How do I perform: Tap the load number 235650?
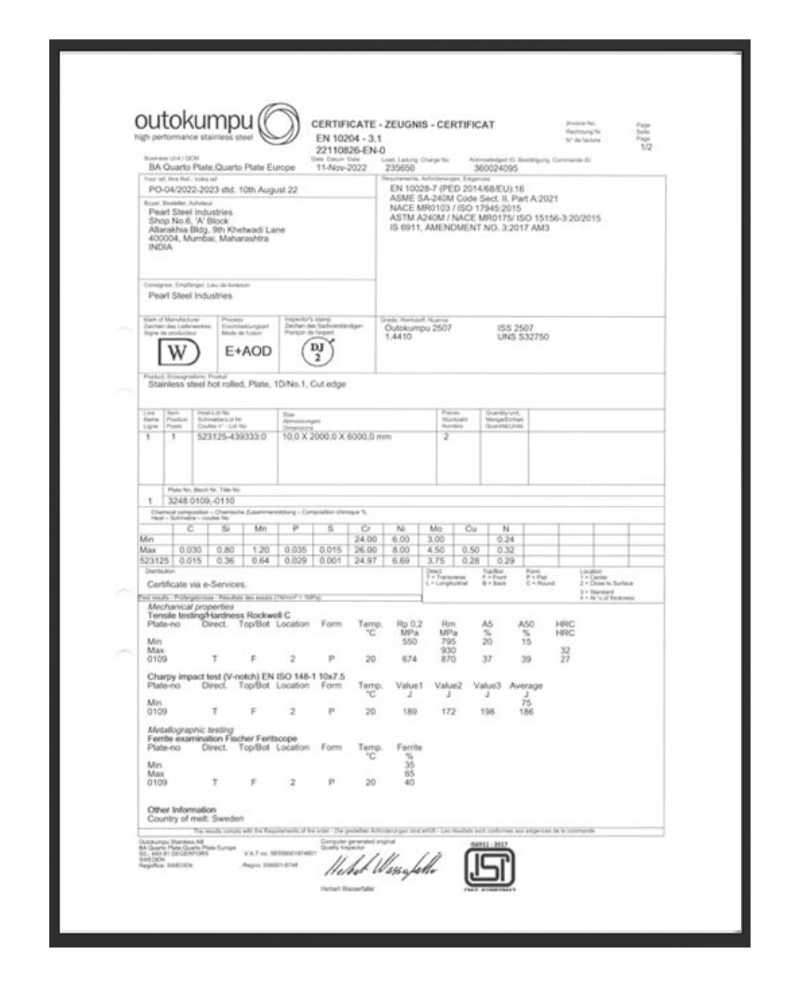pos(400,168)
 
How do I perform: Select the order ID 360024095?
pos(496,168)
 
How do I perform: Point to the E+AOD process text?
pos(248,351)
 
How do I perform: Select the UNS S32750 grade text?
pos(523,337)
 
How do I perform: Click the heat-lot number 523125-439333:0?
pos(231,437)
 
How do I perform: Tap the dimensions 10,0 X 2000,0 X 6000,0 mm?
pos(337,437)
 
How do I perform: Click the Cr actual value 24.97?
pos(366,561)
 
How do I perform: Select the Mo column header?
pos(436,530)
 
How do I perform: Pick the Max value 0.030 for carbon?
pos(190,550)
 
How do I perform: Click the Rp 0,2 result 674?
pos(409,659)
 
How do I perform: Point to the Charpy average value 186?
pos(526,711)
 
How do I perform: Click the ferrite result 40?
pos(409,781)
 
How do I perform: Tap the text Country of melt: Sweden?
pos(195,819)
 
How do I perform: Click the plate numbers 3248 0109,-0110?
pos(191,501)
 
